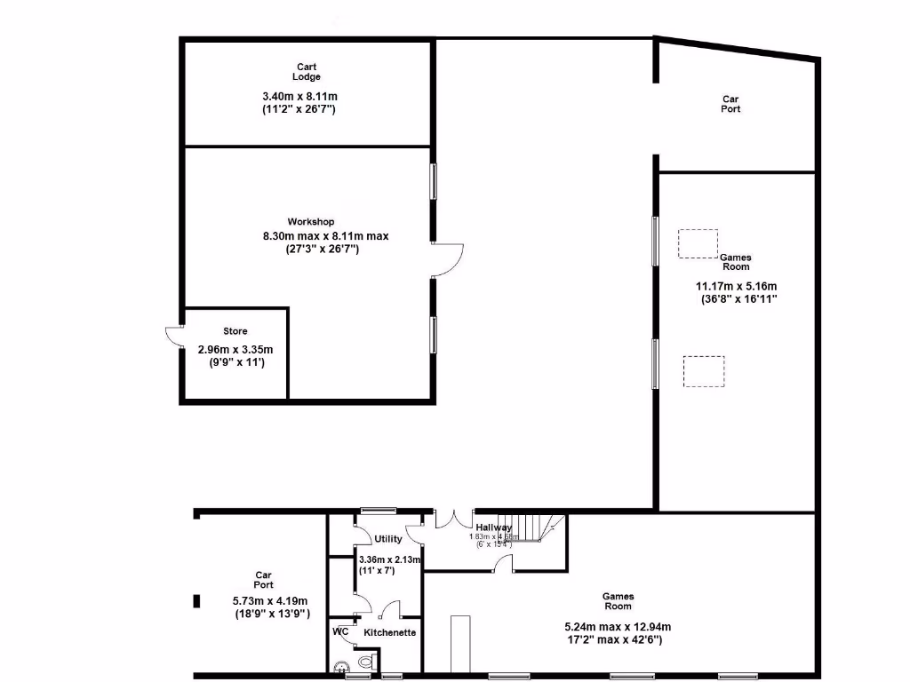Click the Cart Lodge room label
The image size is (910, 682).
tap(307, 72)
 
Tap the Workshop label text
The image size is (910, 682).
tap(310, 221)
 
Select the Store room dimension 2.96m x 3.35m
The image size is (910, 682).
tap(235, 350)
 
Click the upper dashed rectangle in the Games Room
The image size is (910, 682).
tap(698, 243)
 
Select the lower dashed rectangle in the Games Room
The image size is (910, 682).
tap(703, 371)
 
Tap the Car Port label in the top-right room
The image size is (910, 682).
tap(730, 104)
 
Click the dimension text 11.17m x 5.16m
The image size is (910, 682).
tap(736, 286)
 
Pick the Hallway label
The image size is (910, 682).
tap(493, 527)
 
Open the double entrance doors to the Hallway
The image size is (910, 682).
tap(454, 519)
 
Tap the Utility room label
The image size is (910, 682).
tap(388, 539)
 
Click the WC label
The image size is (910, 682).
tap(340, 631)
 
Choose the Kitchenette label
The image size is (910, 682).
tap(390, 632)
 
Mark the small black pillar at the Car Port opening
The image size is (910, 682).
tap(196, 601)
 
